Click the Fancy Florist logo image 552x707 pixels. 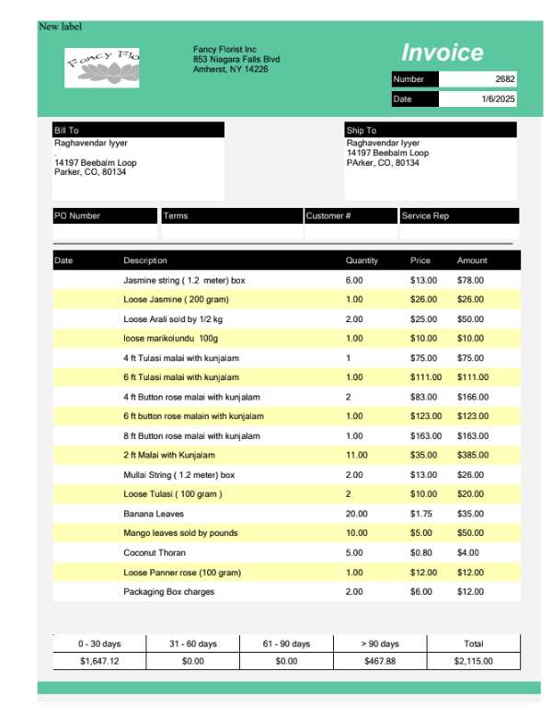[102, 65]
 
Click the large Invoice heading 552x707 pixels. [442, 52]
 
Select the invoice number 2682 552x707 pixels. [503, 79]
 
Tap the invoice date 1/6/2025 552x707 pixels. [498, 99]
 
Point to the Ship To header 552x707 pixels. [362, 131]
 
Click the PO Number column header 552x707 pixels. [77, 215]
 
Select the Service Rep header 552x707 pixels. [426, 215]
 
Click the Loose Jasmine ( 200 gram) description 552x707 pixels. [176, 299]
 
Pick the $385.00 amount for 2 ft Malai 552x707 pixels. [473, 455]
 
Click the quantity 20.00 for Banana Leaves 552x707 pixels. [356, 514]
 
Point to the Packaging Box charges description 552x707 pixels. [168, 592]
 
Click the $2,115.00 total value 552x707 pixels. [474, 661]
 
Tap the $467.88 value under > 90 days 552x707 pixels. [379, 661]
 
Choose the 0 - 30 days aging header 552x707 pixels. [99, 643]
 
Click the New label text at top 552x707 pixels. [60, 26]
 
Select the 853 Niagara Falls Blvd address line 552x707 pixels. [236, 59]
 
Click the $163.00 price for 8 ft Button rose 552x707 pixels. [424, 435]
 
